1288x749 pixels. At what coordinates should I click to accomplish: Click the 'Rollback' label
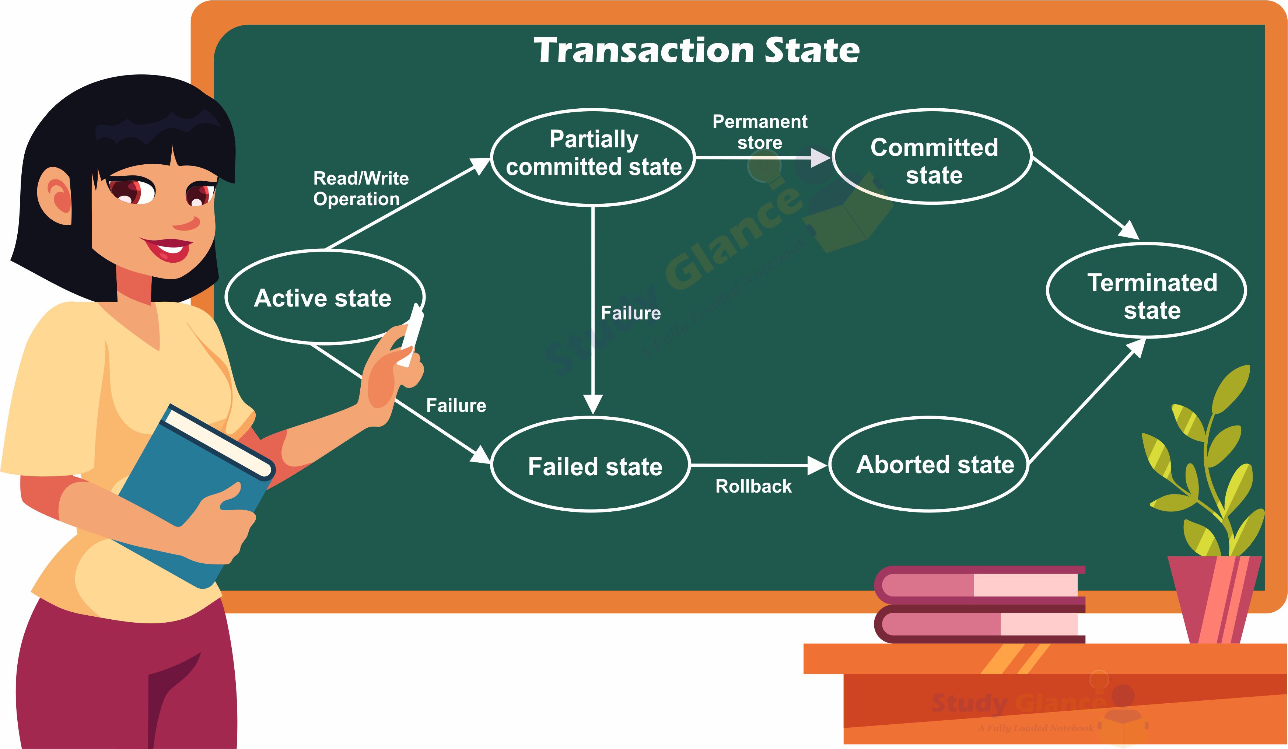(753, 486)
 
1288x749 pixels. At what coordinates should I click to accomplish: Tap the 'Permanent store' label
(760, 132)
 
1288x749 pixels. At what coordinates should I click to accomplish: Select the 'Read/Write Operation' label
(360, 188)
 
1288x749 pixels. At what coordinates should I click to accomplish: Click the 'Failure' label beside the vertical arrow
(630, 313)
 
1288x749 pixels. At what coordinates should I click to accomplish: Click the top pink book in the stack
(979, 584)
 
